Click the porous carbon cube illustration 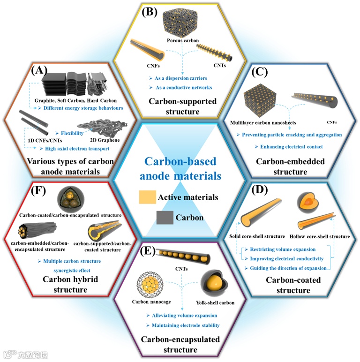coord(180,22)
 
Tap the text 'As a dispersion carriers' coord(179,78)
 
